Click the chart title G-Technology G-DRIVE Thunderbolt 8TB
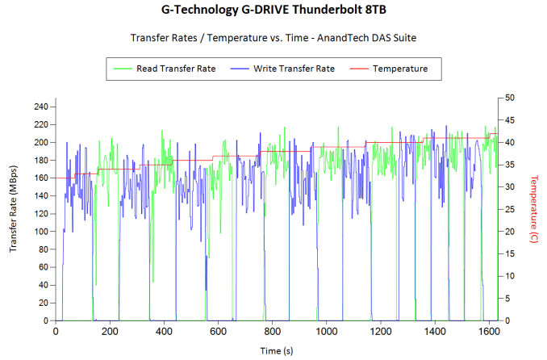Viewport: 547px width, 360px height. click(x=273, y=12)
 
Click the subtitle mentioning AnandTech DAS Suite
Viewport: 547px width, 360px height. click(x=273, y=38)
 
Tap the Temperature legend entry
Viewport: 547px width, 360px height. click(x=400, y=69)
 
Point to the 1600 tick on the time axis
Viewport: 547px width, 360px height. click(x=487, y=331)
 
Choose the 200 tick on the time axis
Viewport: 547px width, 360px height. click(x=109, y=331)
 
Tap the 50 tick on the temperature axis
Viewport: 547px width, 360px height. click(x=509, y=98)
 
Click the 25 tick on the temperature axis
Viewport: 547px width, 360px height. click(x=509, y=209)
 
